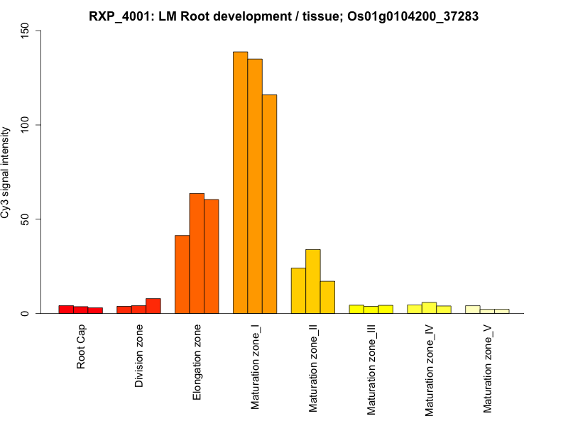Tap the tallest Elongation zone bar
click(197, 253)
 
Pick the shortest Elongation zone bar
click(182, 274)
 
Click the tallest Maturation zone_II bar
click(312, 281)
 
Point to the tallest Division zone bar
click(153, 306)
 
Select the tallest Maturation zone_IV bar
click(429, 308)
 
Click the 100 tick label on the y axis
click(26, 125)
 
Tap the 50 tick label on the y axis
click(26, 219)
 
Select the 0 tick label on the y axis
click(26, 313)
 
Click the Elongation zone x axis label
click(197, 361)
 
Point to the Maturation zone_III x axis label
click(371, 370)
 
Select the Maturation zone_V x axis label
click(488, 369)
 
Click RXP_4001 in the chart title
click(118, 16)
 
